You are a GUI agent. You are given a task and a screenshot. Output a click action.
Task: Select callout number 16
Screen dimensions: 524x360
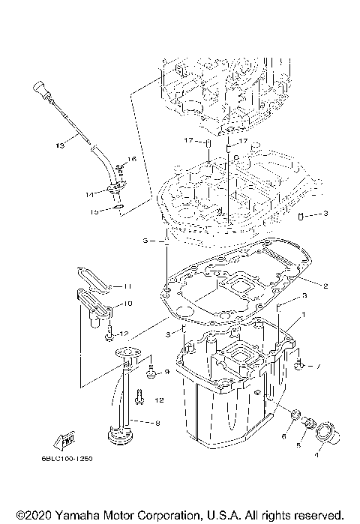[132, 159]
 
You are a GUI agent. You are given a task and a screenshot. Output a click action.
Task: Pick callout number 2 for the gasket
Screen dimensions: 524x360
[326, 286]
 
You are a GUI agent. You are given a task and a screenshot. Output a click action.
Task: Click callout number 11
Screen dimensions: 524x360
[127, 286]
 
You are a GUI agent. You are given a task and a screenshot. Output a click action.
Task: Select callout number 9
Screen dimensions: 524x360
[166, 372]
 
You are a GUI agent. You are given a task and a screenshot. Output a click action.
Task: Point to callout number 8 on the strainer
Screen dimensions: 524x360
[156, 424]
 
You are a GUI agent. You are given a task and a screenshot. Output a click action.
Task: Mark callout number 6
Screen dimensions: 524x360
[283, 436]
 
